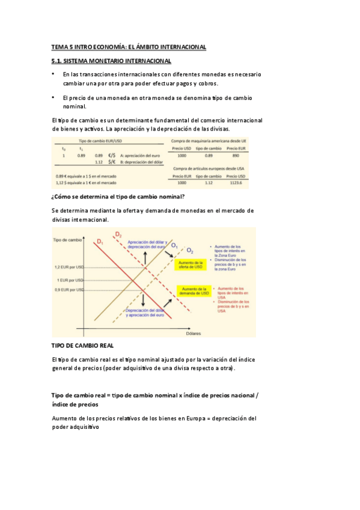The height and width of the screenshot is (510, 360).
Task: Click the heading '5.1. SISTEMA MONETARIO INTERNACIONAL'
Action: click(111, 61)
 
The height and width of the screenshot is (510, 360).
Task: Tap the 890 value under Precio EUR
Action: click(235, 155)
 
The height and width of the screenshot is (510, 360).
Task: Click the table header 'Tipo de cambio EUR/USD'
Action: click(99, 140)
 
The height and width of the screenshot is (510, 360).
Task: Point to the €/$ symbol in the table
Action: click(112, 155)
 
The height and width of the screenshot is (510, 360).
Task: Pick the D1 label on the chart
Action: click(99, 242)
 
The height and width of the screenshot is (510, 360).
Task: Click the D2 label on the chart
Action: click(118, 235)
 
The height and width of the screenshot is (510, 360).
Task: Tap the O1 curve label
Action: click(174, 245)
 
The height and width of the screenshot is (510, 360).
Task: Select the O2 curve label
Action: click(190, 250)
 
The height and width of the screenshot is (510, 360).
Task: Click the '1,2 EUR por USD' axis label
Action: click(68, 267)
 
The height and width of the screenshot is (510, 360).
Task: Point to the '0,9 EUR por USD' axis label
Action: click(68, 290)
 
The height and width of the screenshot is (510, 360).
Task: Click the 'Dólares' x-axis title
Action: click(193, 333)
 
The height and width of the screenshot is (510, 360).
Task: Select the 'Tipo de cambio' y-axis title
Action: click(67, 240)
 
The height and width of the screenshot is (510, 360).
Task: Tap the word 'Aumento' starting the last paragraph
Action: click(65, 418)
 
